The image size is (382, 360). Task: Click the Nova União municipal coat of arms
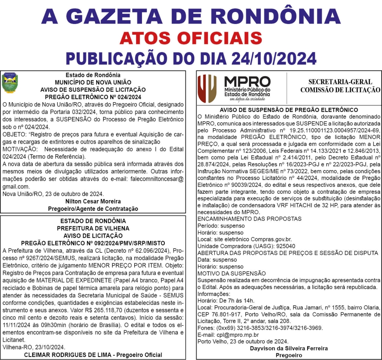(10, 83)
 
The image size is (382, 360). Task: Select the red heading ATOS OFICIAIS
(191, 38)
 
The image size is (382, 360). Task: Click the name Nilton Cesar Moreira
(93, 201)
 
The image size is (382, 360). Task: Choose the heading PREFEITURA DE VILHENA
(93, 228)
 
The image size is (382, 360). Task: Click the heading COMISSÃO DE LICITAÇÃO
(340, 90)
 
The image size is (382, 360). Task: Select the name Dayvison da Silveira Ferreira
(289, 348)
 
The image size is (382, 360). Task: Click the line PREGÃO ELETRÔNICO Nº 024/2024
(93, 97)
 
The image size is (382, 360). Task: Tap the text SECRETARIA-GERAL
(340, 82)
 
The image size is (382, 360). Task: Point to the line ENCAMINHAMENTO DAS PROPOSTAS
(249, 219)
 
